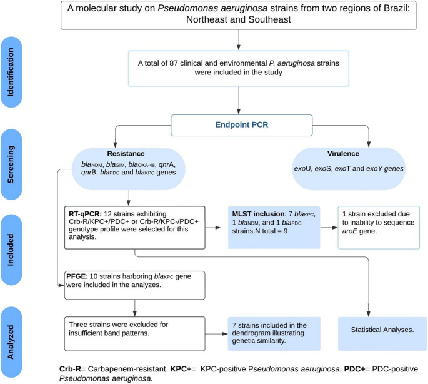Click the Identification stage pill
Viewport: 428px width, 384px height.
pyautogui.click(x=11, y=72)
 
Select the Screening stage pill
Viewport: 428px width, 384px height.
pyautogui.click(x=11, y=164)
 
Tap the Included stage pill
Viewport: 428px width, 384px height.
pyautogui.click(x=11, y=250)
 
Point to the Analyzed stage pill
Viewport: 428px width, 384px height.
pyautogui.click(x=11, y=342)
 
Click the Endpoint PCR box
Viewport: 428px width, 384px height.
pyautogui.click(x=242, y=125)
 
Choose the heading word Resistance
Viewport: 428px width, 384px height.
pyautogui.click(x=126, y=154)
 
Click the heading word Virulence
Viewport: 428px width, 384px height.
pyautogui.click(x=343, y=154)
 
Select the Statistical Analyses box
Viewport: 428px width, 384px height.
pyautogui.click(x=382, y=334)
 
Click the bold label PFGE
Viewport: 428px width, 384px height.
pyautogui.click(x=76, y=276)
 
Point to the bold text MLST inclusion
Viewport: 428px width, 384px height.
pyautogui.click(x=258, y=214)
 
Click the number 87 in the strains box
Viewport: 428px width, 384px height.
pyautogui.click(x=174, y=63)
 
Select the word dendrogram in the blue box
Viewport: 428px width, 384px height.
pyautogui.click(x=250, y=333)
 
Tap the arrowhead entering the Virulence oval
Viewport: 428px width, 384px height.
pyautogui.click(x=369, y=144)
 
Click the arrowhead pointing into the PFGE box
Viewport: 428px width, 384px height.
pyautogui.click(x=61, y=285)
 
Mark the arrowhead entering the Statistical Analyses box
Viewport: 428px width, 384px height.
pyautogui.click(x=369, y=314)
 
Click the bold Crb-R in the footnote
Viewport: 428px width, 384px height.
pyautogui.click(x=70, y=369)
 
